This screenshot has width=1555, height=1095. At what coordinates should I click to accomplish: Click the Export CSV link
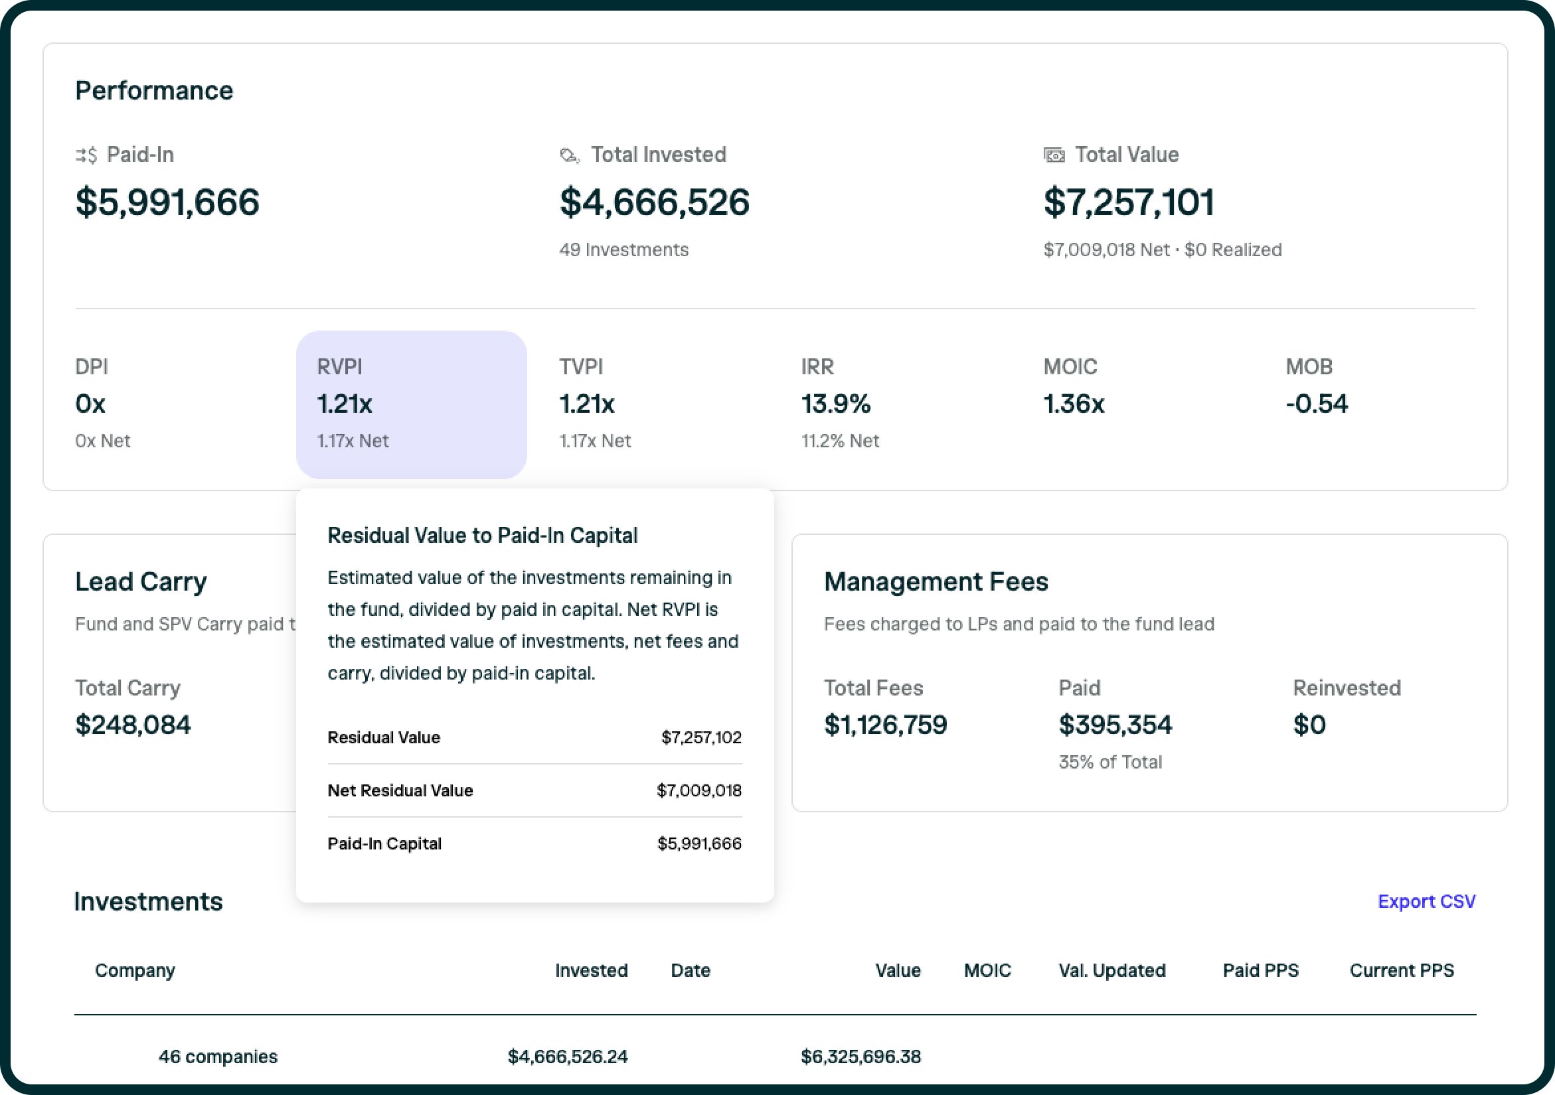point(1426,901)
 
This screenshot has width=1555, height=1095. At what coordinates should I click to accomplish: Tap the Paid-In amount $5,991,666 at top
point(167,202)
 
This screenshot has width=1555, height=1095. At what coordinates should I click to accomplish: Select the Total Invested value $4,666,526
point(653,202)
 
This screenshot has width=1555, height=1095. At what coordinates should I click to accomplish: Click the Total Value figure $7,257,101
point(1128,202)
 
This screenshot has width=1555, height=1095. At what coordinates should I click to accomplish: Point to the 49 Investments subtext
point(623,250)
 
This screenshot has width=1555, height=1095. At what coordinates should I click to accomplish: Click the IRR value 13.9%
point(835,403)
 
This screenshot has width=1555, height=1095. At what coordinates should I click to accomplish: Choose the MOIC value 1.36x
point(1073,403)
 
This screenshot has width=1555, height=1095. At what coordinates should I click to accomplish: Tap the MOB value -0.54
point(1316,403)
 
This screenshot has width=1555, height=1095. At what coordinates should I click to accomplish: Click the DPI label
point(92,366)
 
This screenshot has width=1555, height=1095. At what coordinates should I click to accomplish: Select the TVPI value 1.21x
point(586,403)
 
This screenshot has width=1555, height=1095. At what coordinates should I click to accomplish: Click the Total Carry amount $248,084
point(133,724)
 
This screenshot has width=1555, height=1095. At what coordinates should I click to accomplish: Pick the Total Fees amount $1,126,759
point(884,724)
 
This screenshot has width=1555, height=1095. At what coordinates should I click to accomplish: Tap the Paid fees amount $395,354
point(1115,724)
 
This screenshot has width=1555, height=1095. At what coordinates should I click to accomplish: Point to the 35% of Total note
point(1109,762)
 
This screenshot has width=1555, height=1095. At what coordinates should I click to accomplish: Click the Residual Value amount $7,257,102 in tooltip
point(701,737)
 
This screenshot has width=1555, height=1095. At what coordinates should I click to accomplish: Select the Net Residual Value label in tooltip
point(400,790)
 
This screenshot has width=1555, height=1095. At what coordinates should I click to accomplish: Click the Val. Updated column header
point(1111,970)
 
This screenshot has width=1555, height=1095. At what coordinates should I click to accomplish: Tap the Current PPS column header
point(1400,970)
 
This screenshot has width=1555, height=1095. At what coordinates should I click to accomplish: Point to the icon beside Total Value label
point(1053,156)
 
